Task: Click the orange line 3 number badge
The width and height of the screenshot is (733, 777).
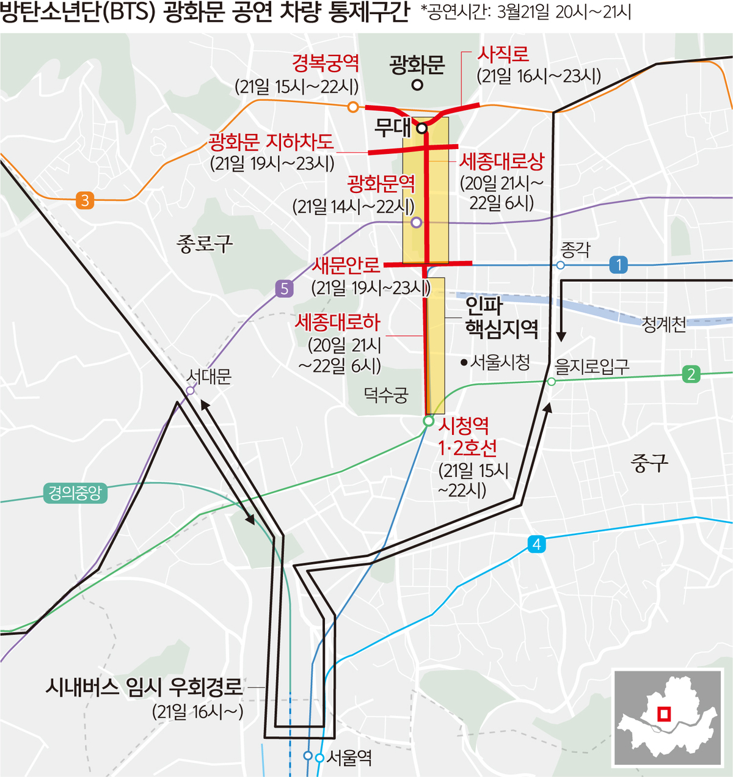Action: [x=85, y=200]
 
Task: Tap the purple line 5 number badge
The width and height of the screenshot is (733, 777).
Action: [x=284, y=288]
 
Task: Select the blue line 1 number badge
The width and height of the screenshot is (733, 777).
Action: [x=619, y=264]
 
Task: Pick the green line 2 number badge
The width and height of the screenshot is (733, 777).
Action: [x=691, y=374]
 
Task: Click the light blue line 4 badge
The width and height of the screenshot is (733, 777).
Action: [x=536, y=544]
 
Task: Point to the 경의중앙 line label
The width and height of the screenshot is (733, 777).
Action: [x=75, y=493]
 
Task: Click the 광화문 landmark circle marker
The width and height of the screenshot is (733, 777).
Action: [x=417, y=85]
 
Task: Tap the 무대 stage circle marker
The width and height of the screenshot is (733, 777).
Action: [x=421, y=129]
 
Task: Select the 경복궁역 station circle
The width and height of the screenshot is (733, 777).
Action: [x=352, y=107]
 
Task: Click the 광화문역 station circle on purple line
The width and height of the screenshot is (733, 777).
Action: [x=416, y=222]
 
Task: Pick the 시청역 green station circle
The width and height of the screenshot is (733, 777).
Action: [x=429, y=421]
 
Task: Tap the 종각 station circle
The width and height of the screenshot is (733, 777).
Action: [x=560, y=265]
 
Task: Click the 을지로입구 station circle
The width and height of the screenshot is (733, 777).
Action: [x=552, y=381]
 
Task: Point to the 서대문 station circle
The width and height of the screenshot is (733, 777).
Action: [x=190, y=390]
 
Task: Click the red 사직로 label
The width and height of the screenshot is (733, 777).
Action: [x=503, y=54]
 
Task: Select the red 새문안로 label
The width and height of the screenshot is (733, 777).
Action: [x=346, y=265]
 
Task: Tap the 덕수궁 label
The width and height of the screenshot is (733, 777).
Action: [x=385, y=395]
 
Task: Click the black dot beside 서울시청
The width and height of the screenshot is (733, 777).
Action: [x=464, y=363]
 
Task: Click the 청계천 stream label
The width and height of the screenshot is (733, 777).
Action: [x=664, y=324]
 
